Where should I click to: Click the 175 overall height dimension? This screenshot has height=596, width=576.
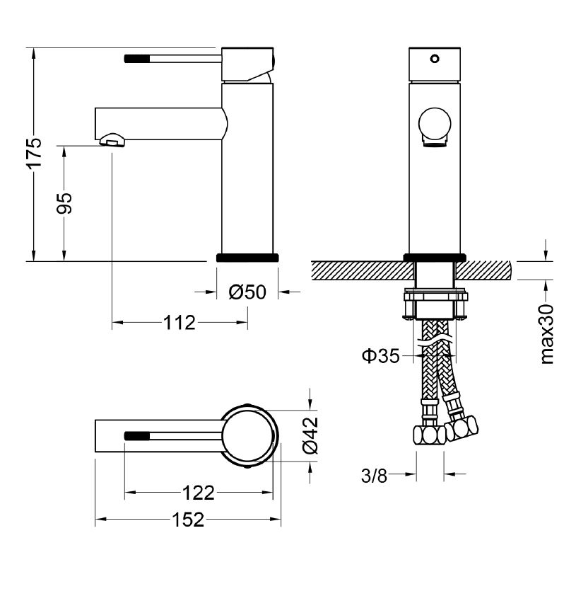tap(35, 152)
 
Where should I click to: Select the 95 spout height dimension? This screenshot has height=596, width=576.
tap(64, 203)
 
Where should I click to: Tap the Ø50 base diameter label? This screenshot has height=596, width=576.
tap(247, 292)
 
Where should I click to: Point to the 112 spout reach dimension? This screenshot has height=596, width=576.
tap(180, 323)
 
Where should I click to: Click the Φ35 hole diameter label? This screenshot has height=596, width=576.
tap(381, 356)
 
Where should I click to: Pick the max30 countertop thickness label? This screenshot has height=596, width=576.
tap(547, 334)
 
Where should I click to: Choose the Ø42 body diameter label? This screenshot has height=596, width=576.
tap(310, 435)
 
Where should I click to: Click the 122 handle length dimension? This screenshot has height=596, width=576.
tap(199, 493)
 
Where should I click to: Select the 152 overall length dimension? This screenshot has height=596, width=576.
tap(188, 520)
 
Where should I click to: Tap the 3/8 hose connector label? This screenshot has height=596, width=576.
tap(374, 475)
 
